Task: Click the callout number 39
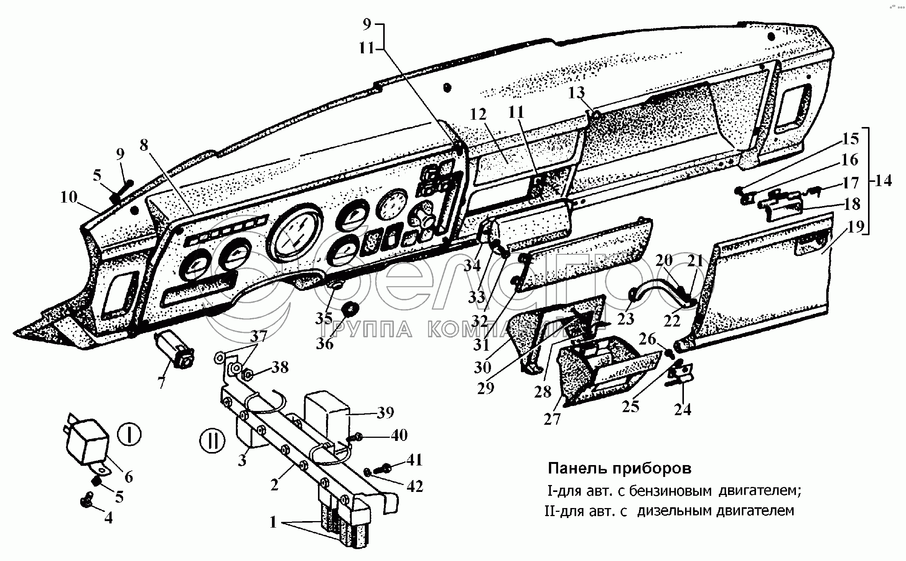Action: [385, 413]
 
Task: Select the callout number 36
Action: [325, 343]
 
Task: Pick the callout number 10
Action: [69, 198]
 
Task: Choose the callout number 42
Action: [415, 486]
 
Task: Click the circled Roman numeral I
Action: [129, 435]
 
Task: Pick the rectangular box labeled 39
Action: [326, 417]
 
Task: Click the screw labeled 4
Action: [86, 500]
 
